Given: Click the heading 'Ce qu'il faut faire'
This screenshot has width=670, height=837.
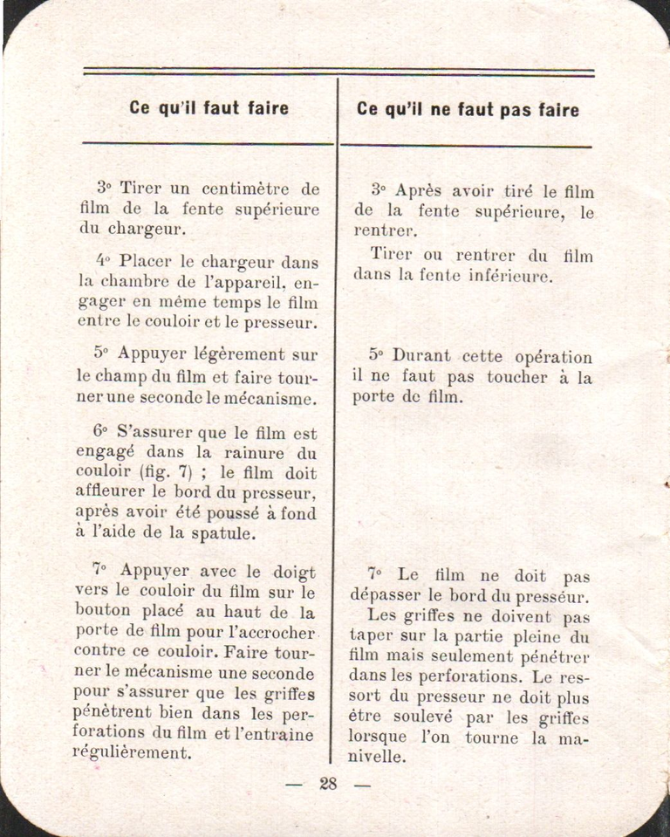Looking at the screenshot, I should tap(209, 109).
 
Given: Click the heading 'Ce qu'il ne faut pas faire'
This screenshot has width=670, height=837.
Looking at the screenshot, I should tap(468, 110).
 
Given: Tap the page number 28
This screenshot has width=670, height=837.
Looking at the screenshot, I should tap(328, 784).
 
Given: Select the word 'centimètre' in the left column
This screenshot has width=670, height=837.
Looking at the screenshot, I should tap(243, 189).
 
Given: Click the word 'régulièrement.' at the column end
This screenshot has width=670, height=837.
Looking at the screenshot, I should tap(132, 753).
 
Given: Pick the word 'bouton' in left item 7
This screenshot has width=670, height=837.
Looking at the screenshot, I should tap(103, 612).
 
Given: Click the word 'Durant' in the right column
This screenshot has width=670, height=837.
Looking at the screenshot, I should tap(421, 356).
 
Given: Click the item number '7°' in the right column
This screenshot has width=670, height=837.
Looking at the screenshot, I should tap(375, 575).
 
